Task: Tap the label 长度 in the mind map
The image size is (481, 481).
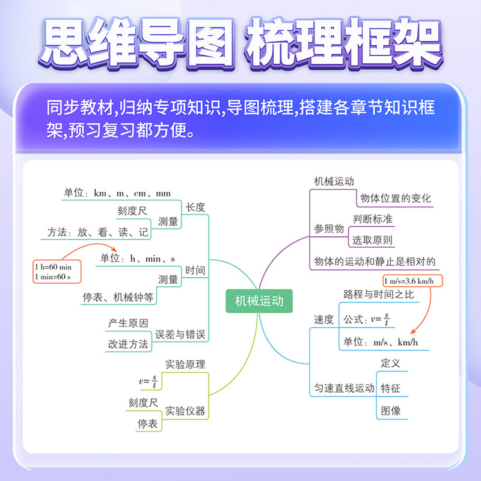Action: click(195, 207)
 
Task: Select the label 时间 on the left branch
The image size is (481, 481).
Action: click(195, 271)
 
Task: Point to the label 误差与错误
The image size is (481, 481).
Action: click(182, 335)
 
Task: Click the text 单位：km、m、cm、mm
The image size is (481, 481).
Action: click(117, 194)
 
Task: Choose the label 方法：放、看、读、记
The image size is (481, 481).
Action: click(99, 233)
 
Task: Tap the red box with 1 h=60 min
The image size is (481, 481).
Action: click(57, 271)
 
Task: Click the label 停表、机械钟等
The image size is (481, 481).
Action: click(118, 297)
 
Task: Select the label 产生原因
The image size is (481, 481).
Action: click(128, 323)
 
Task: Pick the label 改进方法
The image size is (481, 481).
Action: click(128, 344)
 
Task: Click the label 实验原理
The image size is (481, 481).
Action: click(186, 364)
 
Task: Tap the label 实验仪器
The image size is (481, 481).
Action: click(186, 411)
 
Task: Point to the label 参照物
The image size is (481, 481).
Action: click(329, 229)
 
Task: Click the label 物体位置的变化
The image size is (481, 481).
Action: click(396, 198)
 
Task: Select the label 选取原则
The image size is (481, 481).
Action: click(373, 240)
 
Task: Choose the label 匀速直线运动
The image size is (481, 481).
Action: click(345, 388)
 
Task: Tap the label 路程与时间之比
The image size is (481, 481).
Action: click(379, 295)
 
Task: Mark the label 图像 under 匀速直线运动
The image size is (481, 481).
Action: click(391, 411)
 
